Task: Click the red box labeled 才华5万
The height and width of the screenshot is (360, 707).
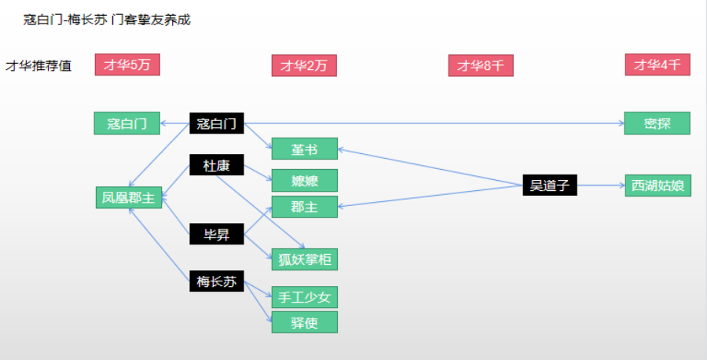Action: tap(127, 64)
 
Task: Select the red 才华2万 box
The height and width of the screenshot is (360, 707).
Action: tap(304, 65)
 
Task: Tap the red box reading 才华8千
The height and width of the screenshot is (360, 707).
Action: tap(481, 65)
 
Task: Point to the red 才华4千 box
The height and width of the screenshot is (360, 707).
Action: tap(658, 64)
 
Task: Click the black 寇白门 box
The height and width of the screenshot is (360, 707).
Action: tap(217, 123)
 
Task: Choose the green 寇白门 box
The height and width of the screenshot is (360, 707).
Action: tap(127, 123)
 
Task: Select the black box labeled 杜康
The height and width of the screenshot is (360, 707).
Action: tap(217, 165)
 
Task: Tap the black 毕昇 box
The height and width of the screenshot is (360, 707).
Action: tap(217, 234)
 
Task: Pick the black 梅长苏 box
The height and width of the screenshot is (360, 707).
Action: tap(217, 281)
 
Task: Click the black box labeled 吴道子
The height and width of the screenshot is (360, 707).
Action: tap(550, 185)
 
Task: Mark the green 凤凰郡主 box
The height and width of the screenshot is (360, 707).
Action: tap(129, 197)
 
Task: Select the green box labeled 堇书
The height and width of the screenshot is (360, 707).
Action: tap(304, 149)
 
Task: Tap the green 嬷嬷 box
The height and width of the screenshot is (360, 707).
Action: tap(304, 181)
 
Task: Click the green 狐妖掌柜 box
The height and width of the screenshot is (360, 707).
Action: tap(304, 259)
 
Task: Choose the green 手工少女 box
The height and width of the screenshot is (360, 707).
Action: tap(304, 297)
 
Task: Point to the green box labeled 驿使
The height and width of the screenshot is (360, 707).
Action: tap(304, 322)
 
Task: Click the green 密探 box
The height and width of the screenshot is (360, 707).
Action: tap(658, 123)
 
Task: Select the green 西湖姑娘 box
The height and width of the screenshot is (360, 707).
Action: tap(658, 186)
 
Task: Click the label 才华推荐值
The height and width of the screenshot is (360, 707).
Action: tap(38, 66)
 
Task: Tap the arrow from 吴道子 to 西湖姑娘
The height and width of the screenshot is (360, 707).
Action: tap(601, 185)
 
